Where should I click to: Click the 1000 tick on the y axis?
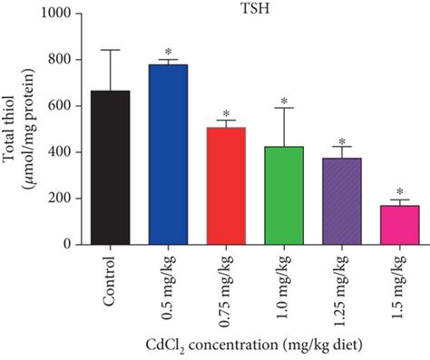(58, 14)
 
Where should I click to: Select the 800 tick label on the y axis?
(62, 60)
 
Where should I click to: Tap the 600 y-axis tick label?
(62, 106)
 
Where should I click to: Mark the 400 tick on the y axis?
(62, 152)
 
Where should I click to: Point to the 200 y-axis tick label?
(62, 199)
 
